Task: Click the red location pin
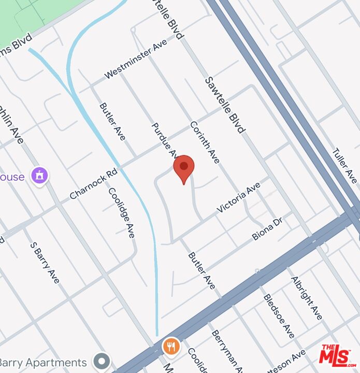(183, 167)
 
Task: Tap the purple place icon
(39, 176)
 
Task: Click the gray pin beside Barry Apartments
(102, 361)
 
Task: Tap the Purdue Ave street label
(164, 140)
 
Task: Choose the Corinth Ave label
(205, 142)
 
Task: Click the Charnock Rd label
(94, 184)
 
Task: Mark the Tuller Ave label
(344, 166)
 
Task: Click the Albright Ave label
(307, 297)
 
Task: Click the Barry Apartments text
(44, 362)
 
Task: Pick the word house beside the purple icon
(12, 177)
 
